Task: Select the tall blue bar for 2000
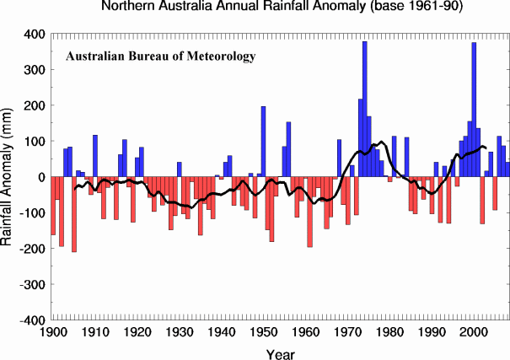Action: click(x=474, y=110)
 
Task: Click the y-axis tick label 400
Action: click(x=33, y=35)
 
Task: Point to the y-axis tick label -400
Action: click(x=31, y=320)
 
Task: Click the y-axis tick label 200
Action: click(x=33, y=106)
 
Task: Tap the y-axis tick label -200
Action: click(x=31, y=250)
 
